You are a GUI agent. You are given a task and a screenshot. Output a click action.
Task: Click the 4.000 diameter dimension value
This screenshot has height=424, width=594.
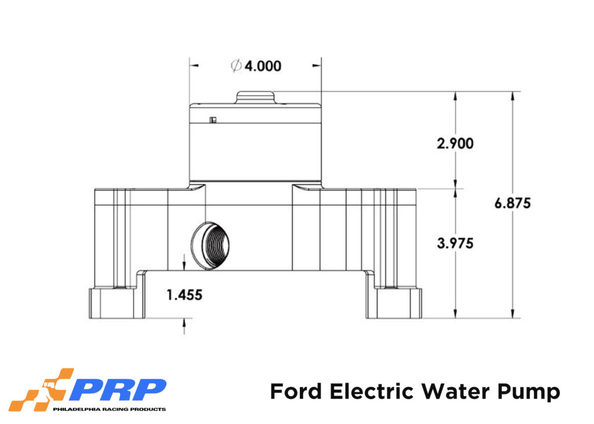pos(262,66)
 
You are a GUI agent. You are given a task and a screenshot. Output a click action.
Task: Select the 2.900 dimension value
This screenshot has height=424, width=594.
pos(455,143)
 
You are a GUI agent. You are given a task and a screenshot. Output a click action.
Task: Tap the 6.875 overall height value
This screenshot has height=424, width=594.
pos(513,204)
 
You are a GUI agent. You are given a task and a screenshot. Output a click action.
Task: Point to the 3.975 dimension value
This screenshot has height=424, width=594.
pos(455,243)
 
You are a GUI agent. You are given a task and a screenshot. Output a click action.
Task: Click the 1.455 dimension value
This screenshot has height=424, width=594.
pos(184,295)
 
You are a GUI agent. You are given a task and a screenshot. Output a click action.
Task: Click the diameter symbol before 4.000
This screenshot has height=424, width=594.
pos(236,66)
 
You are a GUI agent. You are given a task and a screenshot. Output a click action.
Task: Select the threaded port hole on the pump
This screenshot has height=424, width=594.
pos(211,244)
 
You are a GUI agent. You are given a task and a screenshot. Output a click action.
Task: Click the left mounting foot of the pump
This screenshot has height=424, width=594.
pos(116,303)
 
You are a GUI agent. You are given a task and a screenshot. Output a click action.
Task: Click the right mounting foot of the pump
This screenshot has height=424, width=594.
pos(393,303)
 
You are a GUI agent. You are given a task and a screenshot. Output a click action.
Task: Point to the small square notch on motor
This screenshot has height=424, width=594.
pos(213,120)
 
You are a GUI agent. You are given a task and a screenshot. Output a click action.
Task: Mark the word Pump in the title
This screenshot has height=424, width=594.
pos(533,392)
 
